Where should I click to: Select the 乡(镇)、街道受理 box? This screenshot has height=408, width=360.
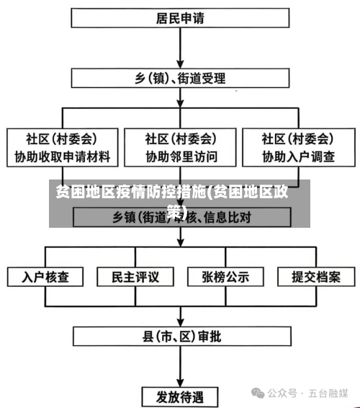pyautogui.click(x=179, y=77)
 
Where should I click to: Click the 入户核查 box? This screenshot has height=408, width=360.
pyautogui.click(x=45, y=276)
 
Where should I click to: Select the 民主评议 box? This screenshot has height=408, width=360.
pyautogui.click(x=135, y=276)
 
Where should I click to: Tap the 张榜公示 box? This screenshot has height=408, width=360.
pyautogui.click(x=225, y=276)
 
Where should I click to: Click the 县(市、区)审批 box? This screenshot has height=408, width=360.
pyautogui.click(x=181, y=336)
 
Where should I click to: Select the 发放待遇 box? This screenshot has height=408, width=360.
pyautogui.click(x=181, y=396)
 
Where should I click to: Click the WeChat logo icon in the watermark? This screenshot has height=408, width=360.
pyautogui.click(x=257, y=393)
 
